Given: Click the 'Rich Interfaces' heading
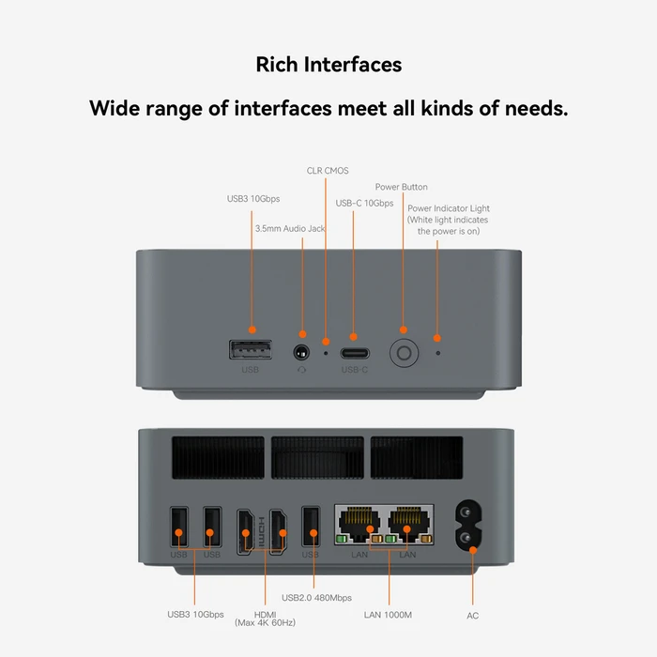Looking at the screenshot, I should pos(328,65).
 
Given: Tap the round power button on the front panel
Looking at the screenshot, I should pos(404,354).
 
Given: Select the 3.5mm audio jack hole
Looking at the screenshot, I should pos(302,354).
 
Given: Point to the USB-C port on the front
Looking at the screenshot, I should pos(354,354).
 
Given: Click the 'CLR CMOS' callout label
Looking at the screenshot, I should pos(328,171).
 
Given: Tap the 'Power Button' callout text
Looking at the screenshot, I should pos(401,187).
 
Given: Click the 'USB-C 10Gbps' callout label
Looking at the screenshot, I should pos(364,203).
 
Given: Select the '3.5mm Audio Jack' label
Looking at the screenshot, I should pos(291,228).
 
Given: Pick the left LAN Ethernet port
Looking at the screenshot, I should pos(358,524).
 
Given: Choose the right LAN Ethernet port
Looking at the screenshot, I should pos(410,524).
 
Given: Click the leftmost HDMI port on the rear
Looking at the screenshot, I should pos(245,530).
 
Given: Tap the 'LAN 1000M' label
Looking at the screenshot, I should pos(388,615).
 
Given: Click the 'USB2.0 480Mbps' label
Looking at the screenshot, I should pos(316,597).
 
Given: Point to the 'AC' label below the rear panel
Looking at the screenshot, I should pos(473,615).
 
